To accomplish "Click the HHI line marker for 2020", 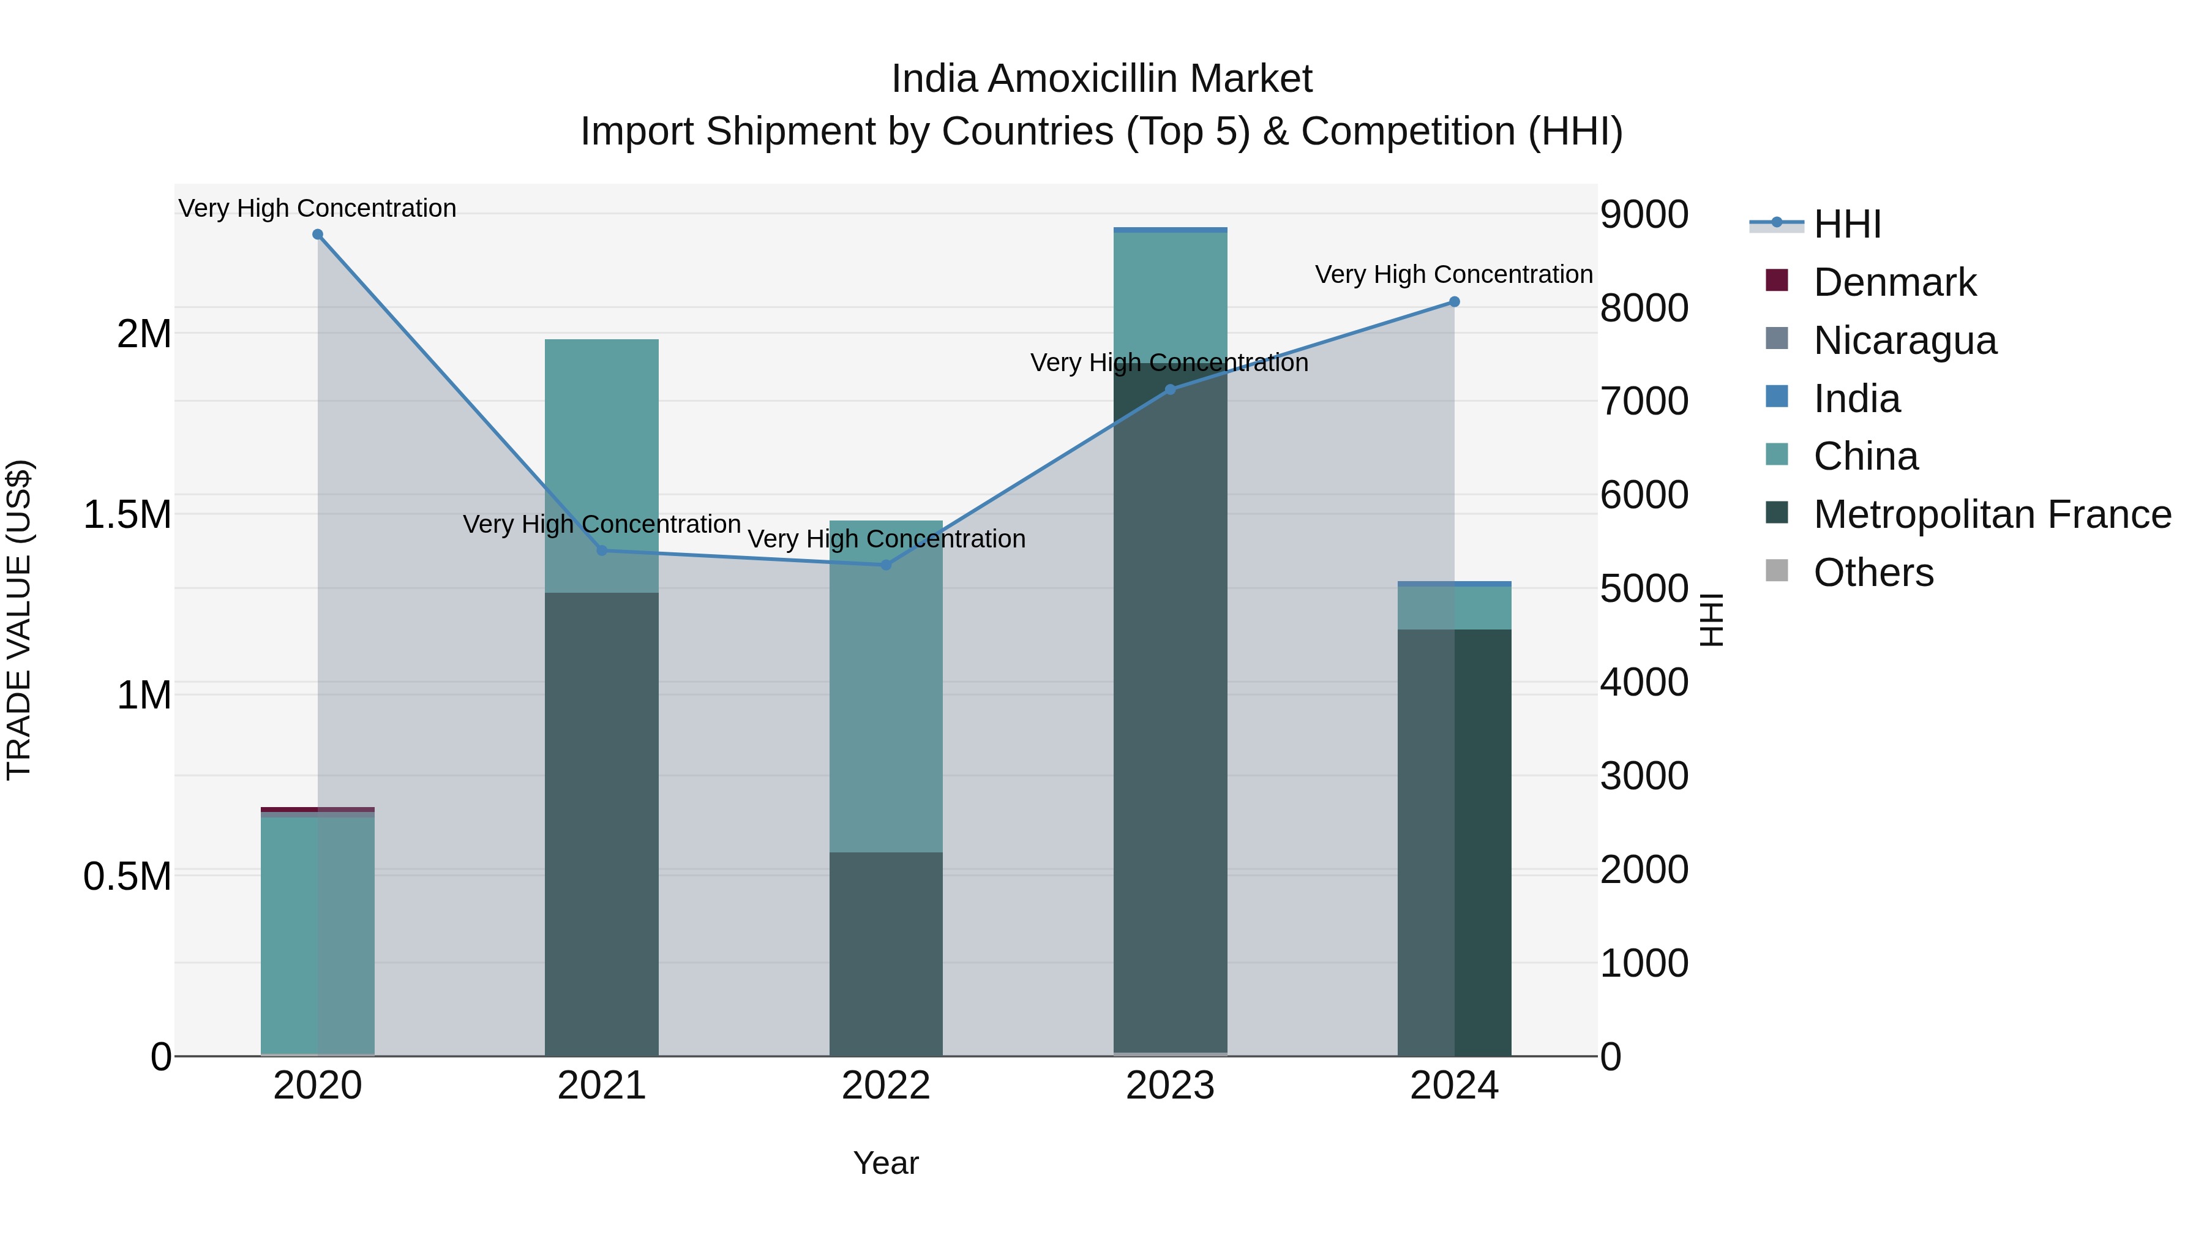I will (x=317, y=235).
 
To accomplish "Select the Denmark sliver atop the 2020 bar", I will (x=317, y=809).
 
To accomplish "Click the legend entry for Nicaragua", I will (x=1905, y=340).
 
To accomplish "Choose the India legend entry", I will (x=1857, y=399).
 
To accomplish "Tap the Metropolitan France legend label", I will (x=1992, y=514).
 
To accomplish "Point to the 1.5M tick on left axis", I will (x=127, y=515).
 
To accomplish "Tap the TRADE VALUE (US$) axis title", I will (x=19, y=620).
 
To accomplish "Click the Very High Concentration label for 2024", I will (x=1453, y=275).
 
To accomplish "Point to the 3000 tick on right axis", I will (x=1644, y=776).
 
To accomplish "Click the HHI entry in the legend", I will (x=1846, y=224).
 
